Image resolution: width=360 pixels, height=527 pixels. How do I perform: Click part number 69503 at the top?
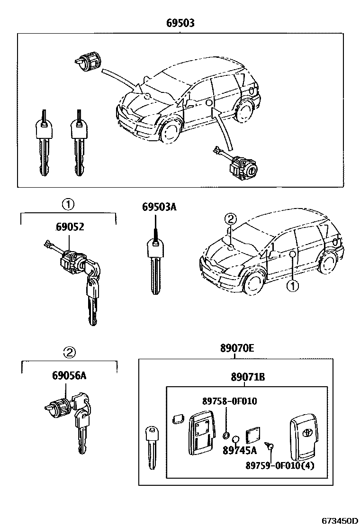[x=180, y=23]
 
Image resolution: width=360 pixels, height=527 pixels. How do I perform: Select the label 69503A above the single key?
[x=159, y=207]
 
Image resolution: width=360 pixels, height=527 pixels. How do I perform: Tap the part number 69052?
[x=70, y=227]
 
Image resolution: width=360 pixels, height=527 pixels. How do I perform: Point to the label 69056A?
[x=69, y=376]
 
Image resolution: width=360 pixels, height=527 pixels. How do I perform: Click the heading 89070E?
[x=236, y=349]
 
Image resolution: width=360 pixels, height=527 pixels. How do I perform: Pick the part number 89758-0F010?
[x=229, y=401]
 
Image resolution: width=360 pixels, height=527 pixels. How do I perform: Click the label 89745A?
[x=239, y=450]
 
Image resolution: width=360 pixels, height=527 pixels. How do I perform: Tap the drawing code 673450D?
[x=340, y=520]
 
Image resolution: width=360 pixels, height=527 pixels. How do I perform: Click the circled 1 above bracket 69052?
[x=68, y=205]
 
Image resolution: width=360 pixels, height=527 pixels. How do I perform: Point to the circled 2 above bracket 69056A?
[x=69, y=352]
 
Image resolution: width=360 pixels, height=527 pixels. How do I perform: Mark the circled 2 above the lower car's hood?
[x=230, y=219]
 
